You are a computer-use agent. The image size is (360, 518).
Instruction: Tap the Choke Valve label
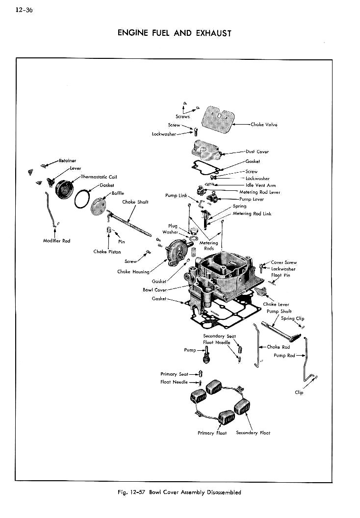click(264, 125)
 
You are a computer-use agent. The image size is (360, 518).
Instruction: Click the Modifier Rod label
click(56, 241)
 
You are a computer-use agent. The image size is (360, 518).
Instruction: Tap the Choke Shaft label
click(135, 202)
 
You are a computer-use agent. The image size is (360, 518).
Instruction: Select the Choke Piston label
click(107, 252)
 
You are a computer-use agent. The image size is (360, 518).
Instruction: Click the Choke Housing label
click(133, 271)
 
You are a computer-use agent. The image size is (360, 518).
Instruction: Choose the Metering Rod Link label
click(252, 213)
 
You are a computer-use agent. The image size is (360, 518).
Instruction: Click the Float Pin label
click(281, 275)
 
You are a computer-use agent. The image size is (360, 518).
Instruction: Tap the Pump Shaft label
click(279, 311)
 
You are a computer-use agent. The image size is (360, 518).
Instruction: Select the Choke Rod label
click(278, 347)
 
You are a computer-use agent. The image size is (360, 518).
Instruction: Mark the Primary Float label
click(212, 433)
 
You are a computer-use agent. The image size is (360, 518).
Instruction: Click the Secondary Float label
click(253, 433)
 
